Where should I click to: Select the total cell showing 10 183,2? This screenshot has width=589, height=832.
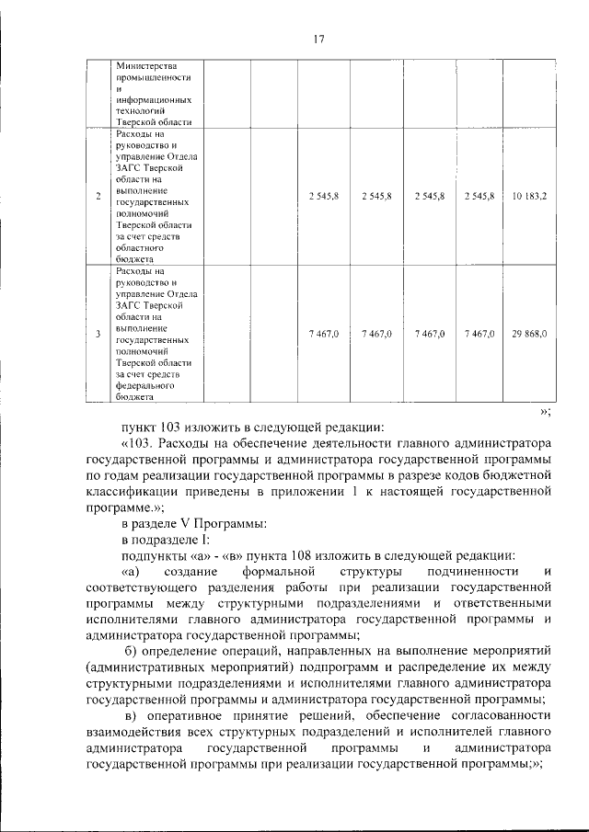[528, 196]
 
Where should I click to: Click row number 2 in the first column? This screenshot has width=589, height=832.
[98, 196]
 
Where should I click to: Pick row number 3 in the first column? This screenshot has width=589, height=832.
[98, 334]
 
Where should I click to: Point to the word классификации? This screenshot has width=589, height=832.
[132, 491]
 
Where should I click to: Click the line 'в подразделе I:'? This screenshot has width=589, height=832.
[165, 541]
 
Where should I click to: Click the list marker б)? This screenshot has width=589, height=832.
[129, 651]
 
